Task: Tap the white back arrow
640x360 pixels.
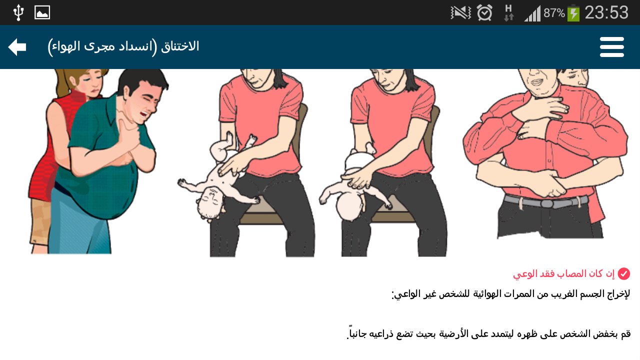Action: pyautogui.click(x=17, y=47)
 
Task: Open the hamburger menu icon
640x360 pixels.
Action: pyautogui.click(x=611, y=47)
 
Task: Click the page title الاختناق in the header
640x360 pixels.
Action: pyautogui.click(x=180, y=46)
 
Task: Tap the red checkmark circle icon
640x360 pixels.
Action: pyautogui.click(x=623, y=273)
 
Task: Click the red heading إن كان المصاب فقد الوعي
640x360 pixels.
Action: pyautogui.click(x=563, y=274)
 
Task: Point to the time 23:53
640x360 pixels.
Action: pyautogui.click(x=606, y=13)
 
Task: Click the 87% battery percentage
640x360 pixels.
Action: pyautogui.click(x=554, y=13)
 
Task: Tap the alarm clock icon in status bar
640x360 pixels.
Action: pyautogui.click(x=484, y=13)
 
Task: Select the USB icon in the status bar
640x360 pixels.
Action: pyautogui.click(x=18, y=13)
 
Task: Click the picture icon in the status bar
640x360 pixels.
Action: pyautogui.click(x=42, y=13)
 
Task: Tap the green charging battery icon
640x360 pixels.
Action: pyautogui.click(x=573, y=13)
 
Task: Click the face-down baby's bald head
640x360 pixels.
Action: pyautogui.click(x=349, y=205)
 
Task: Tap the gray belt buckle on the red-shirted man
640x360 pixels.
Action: pyautogui.click(x=547, y=203)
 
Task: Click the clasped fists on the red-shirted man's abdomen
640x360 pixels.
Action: pyautogui.click(x=550, y=183)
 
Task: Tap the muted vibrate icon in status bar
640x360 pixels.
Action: pyautogui.click(x=460, y=13)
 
